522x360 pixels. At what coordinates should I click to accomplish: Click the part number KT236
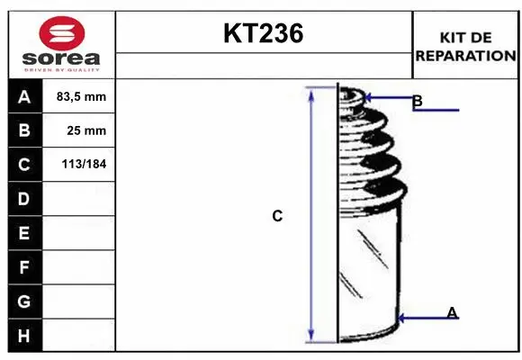coord(263,34)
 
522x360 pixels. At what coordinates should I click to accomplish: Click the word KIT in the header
coord(451,38)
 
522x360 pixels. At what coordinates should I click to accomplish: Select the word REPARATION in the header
coord(466,55)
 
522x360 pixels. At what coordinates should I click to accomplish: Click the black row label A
coord(23,96)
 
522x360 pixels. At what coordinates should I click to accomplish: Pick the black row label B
coord(23,130)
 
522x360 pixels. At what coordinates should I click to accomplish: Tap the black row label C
coord(23,165)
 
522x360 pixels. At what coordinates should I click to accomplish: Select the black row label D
coord(23,199)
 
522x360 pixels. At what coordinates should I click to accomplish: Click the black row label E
coord(23,233)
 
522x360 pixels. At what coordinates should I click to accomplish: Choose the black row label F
coord(23,267)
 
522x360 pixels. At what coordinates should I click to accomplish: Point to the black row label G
coord(23,301)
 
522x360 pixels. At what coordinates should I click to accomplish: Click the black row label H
coord(23,335)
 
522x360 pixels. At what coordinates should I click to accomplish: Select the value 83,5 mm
coord(81,96)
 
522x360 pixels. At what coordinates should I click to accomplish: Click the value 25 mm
coord(86,130)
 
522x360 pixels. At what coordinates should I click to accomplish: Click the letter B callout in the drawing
coord(417,101)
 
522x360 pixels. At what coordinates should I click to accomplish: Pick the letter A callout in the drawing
coord(452,312)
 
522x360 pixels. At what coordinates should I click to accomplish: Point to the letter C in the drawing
coord(277,216)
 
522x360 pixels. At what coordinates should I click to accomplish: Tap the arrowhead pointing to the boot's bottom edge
coord(400,318)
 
